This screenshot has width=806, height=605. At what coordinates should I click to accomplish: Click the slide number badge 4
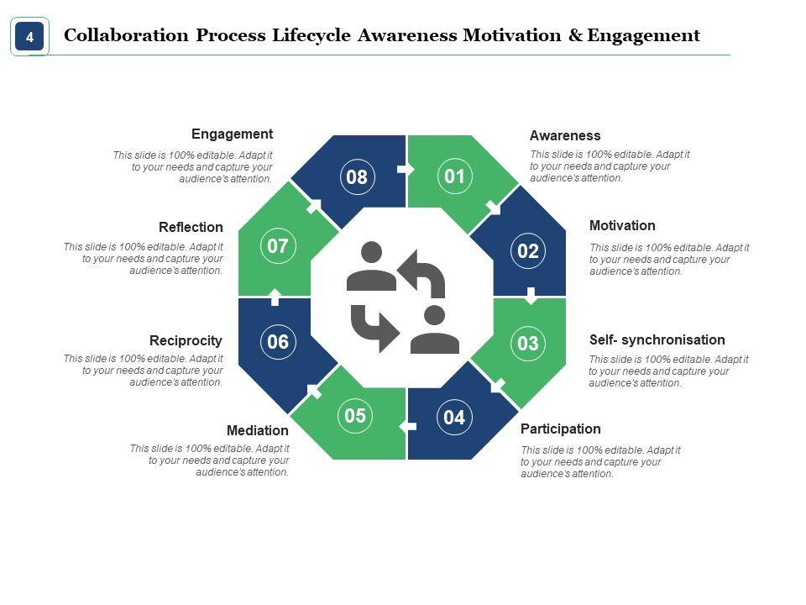[x=29, y=37]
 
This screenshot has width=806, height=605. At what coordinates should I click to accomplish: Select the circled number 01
[x=454, y=176]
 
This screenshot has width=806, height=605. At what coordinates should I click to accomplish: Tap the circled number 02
[x=528, y=250]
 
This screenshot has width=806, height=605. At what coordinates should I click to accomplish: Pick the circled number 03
[x=528, y=343]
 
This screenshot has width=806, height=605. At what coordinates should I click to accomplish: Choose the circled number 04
[x=454, y=418]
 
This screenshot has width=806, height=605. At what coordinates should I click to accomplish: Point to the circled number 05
[x=355, y=416]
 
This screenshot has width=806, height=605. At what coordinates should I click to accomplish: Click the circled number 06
[x=278, y=342]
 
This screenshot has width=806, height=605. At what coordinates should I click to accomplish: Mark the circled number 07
[x=278, y=246]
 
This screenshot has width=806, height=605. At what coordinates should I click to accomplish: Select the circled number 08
[x=357, y=176]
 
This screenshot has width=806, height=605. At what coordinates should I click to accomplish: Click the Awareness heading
[x=565, y=135]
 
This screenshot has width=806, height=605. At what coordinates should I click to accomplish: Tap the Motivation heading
[x=622, y=225]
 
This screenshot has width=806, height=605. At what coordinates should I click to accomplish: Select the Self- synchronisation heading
[x=657, y=339]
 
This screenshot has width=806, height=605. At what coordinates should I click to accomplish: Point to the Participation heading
[x=560, y=429]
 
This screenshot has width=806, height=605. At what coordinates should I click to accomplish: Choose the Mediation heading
[x=258, y=430]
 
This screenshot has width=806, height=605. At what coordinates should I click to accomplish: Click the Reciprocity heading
[x=186, y=340]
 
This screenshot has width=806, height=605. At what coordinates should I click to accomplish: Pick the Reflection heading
[x=191, y=227]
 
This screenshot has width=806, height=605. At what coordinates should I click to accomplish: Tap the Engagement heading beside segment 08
[x=232, y=134]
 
